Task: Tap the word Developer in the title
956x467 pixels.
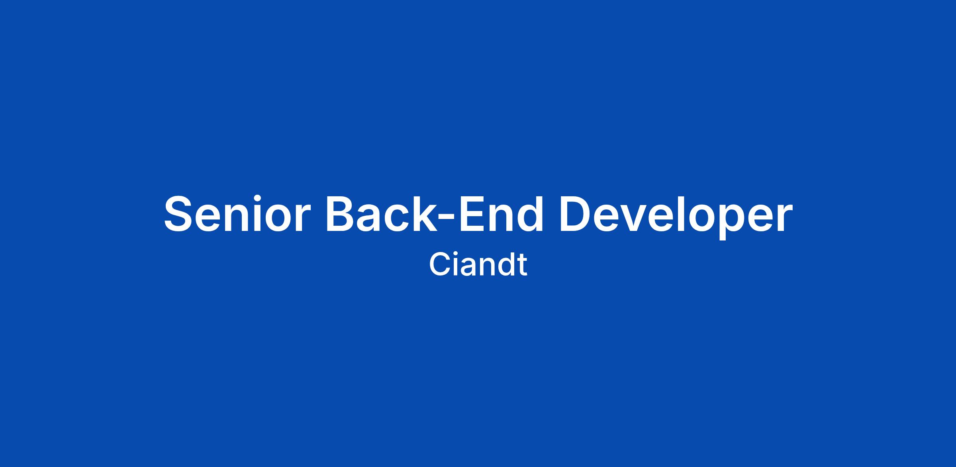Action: coord(676,217)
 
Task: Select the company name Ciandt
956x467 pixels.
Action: coord(478,265)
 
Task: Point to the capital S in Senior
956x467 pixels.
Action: coord(178,213)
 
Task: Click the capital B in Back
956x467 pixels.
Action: coord(341,213)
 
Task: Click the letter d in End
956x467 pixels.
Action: coord(529,213)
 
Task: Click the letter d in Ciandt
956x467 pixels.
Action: coord(506,265)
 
